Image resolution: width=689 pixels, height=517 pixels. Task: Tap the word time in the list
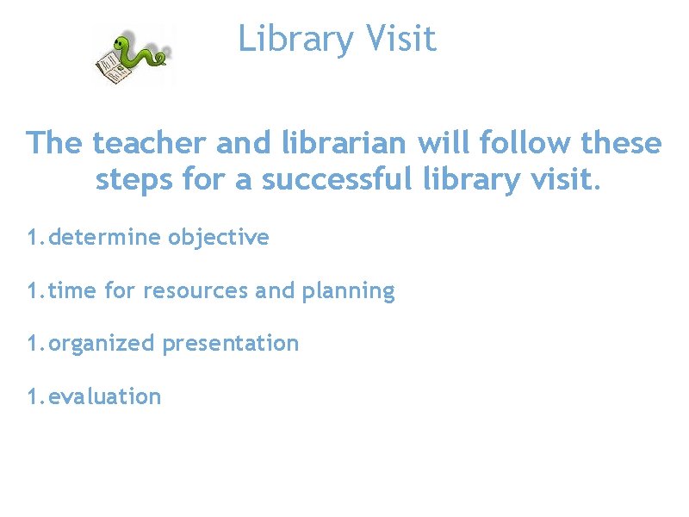72,290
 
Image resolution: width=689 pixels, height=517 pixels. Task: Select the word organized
102,344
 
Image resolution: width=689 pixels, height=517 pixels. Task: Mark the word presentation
231,344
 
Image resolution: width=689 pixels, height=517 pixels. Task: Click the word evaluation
104,396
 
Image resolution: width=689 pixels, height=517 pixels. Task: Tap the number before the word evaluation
32,396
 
